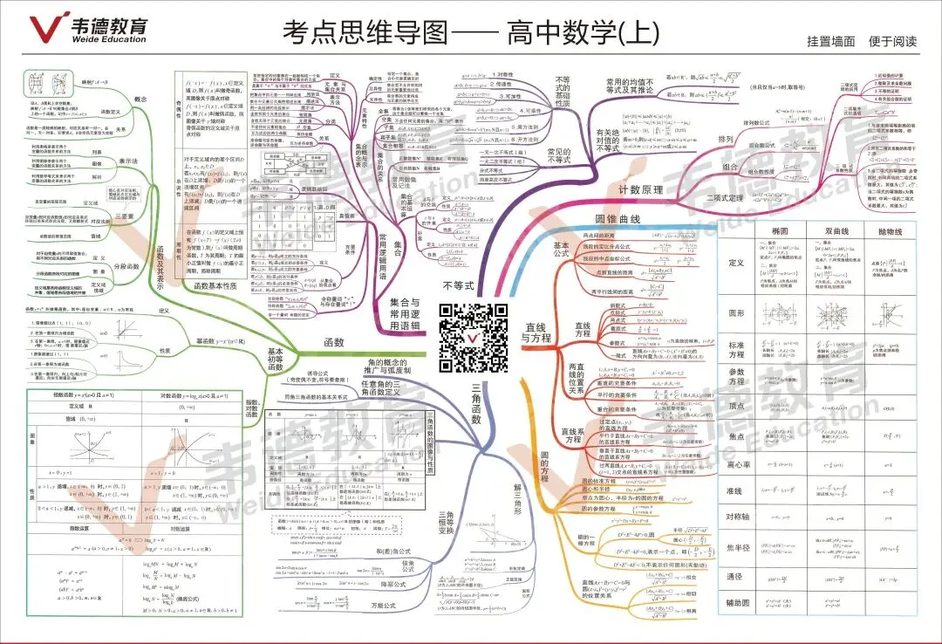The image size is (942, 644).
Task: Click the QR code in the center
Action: pos(473,335)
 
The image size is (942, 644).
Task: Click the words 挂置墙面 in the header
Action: pos(831,41)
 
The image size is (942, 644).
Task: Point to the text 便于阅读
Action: pos(893,41)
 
